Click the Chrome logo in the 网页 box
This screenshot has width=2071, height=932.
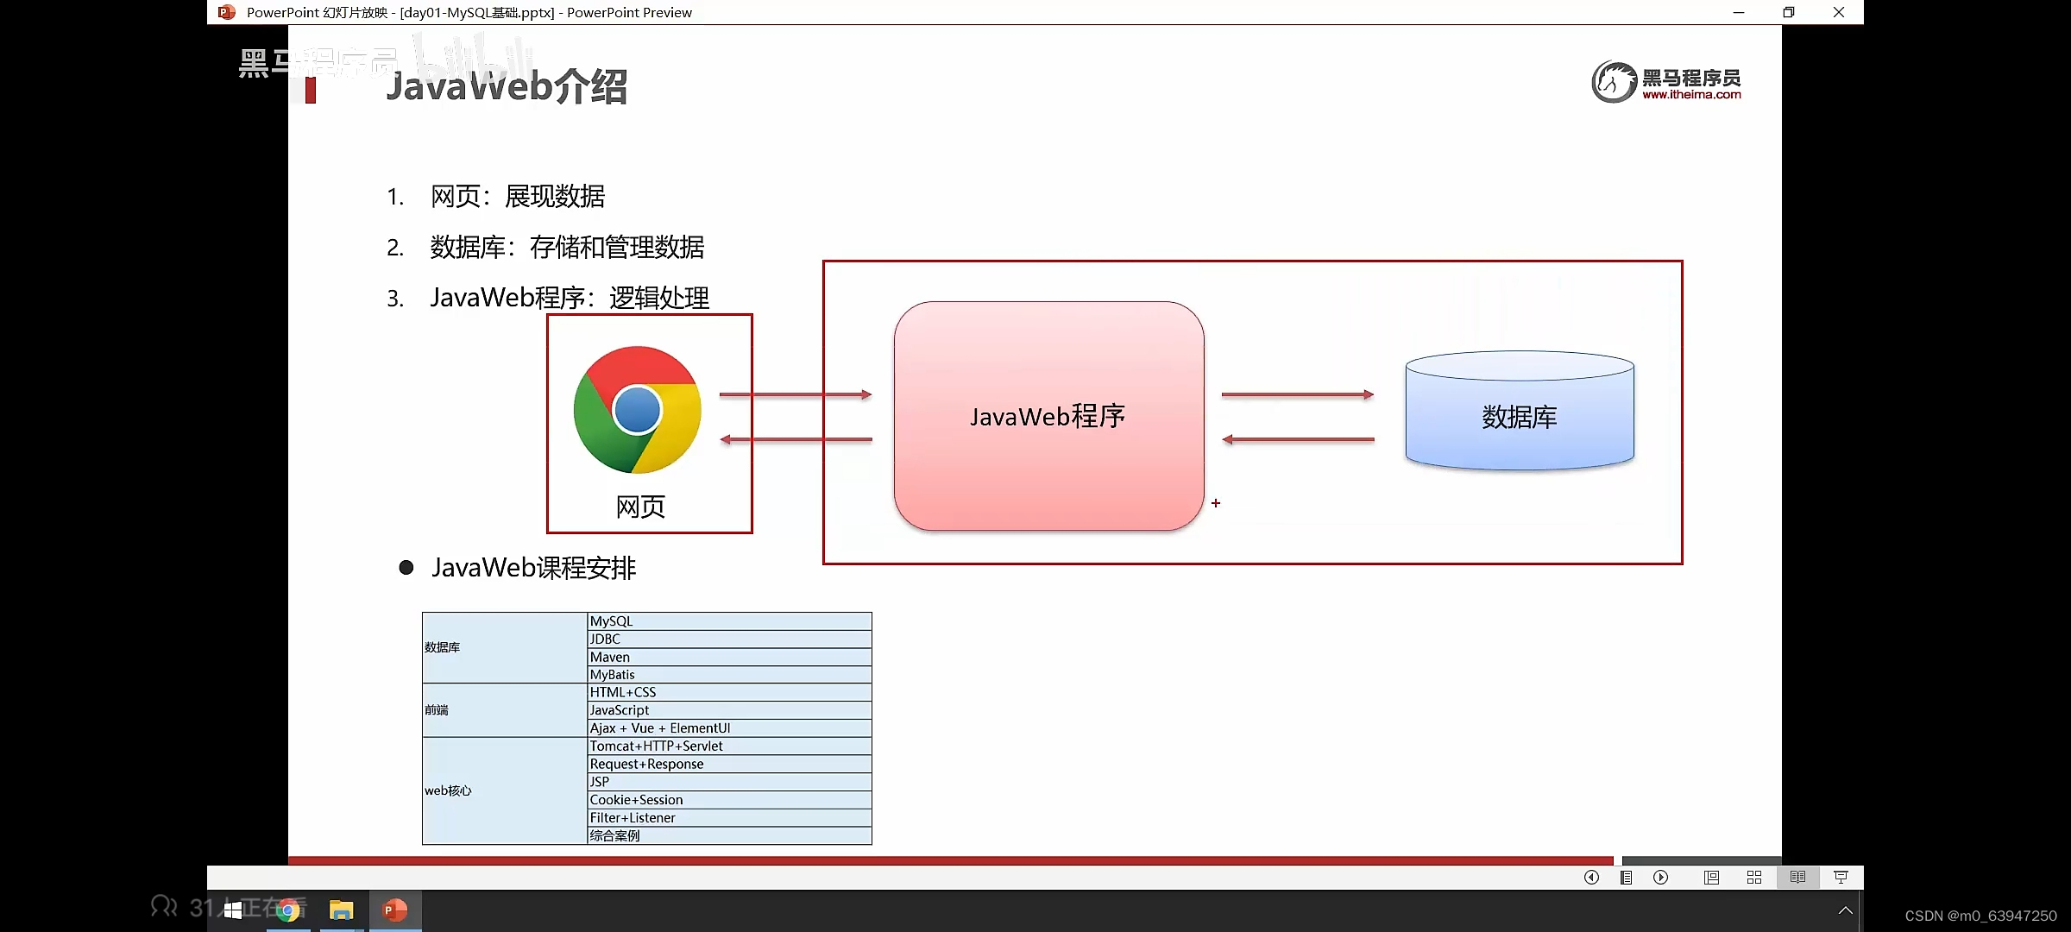[638, 410]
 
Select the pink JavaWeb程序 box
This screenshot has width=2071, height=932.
[1048, 416]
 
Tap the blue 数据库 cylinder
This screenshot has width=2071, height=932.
[1519, 414]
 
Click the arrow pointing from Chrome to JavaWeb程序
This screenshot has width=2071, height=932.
[795, 394]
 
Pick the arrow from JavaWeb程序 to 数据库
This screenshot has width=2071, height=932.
[1297, 394]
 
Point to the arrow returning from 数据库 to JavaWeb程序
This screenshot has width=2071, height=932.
[1297, 439]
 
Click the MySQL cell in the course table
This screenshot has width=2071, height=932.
[728, 621]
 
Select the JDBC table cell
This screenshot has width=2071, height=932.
[728, 639]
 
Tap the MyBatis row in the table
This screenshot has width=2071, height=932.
[728, 675]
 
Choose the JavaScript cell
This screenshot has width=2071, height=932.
[728, 710]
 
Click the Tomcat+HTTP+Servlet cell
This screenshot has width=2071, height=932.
[728, 746]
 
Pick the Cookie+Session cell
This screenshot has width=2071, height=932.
[728, 800]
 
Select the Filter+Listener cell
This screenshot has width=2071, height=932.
[728, 818]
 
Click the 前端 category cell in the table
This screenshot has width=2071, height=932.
[504, 710]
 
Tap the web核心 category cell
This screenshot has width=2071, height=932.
[504, 790]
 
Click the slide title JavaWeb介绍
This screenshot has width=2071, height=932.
[507, 87]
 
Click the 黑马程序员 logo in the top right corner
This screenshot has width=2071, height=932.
[1666, 83]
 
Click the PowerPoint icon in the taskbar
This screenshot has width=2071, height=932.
[394, 910]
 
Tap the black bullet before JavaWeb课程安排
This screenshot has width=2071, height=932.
[406, 568]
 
